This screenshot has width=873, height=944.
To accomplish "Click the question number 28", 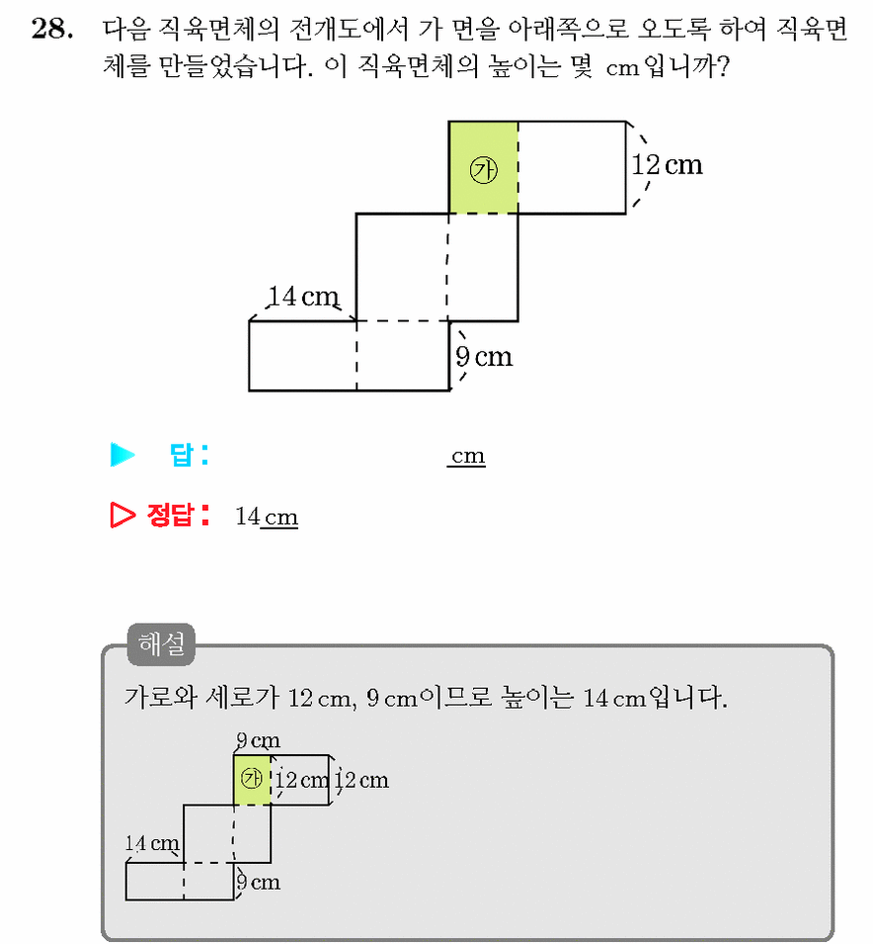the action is tap(52, 29).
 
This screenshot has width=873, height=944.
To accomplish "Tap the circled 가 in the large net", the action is tap(483, 170).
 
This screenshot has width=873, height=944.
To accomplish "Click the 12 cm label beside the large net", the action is tap(667, 164).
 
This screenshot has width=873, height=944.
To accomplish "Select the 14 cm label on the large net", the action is tap(303, 297).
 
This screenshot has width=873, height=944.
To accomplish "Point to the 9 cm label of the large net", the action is tap(484, 357).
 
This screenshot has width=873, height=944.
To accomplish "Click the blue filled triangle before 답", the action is tap(122, 455).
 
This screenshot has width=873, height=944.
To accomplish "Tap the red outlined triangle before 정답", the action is tap(122, 515).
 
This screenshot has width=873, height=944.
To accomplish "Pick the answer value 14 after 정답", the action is tap(247, 517).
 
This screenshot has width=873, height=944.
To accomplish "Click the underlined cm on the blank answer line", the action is tap(467, 456).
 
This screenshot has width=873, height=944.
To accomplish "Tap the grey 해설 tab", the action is tap(161, 644).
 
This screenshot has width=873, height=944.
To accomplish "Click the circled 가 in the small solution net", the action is tap(252, 779).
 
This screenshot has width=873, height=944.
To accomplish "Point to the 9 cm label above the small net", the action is tap(258, 740).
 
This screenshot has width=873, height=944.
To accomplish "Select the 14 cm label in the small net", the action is tap(152, 843).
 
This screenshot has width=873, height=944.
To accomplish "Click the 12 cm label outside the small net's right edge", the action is tap(362, 780).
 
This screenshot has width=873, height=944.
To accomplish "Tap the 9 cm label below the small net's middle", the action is tap(258, 882).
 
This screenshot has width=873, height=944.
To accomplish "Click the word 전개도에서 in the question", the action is tap(349, 29).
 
